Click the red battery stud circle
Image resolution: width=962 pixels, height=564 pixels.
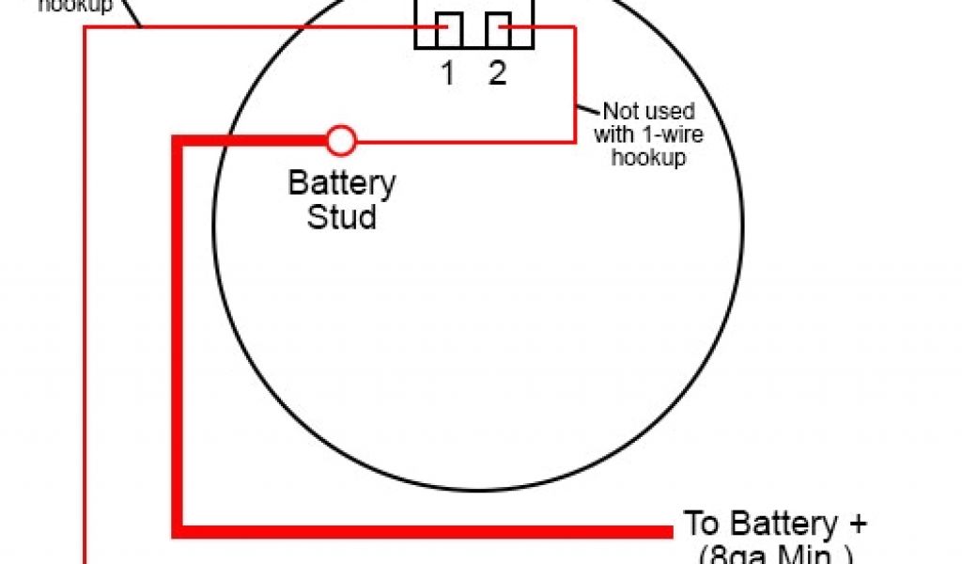click(341, 142)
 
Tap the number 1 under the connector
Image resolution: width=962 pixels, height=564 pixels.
click(448, 72)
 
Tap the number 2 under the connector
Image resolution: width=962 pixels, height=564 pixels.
click(497, 72)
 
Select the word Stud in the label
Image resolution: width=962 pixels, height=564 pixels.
click(342, 217)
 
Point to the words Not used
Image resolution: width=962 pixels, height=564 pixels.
click(649, 112)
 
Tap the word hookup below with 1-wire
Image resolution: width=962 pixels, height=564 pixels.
click(649, 157)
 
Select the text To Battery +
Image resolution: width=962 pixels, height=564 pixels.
click(775, 524)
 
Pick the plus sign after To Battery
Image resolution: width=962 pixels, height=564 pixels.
click(858, 525)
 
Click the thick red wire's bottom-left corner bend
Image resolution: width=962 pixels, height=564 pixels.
click(178, 531)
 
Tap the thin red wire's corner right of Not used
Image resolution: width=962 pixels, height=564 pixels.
click(574, 142)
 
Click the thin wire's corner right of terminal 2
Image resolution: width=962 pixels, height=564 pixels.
click(574, 28)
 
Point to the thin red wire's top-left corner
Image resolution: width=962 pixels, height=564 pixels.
click(86, 28)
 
